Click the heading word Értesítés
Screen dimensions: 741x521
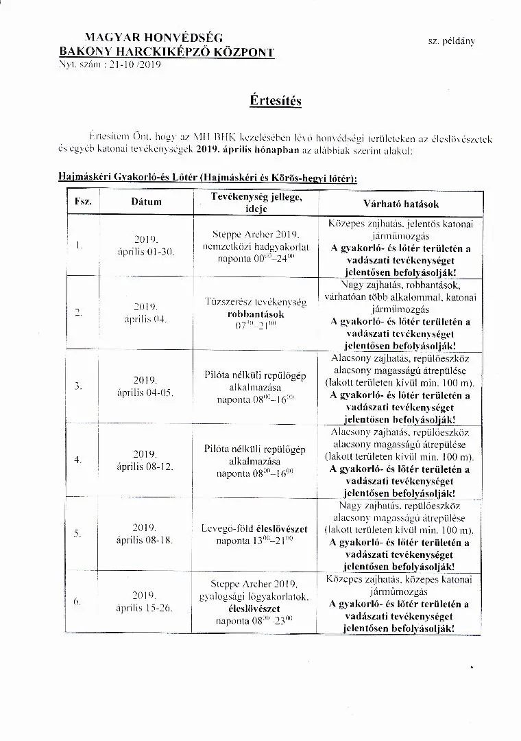276,101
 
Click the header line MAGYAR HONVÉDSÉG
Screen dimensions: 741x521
154,38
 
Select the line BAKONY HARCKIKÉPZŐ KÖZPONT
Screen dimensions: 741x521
167,52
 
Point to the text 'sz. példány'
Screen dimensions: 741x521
451,41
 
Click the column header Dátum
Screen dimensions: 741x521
147,202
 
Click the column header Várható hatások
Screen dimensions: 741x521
401,204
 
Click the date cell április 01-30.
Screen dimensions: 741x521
145,252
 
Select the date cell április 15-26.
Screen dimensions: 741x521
145,608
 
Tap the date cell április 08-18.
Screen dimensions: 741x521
145,540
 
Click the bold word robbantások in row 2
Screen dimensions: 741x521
256,314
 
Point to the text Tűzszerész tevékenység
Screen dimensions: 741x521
255,302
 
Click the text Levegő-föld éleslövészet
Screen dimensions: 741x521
254,529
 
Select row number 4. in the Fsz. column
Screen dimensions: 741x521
77,460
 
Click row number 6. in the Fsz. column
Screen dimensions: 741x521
77,602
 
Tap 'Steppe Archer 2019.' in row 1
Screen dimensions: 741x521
254,234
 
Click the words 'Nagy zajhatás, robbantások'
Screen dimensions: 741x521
400,285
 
